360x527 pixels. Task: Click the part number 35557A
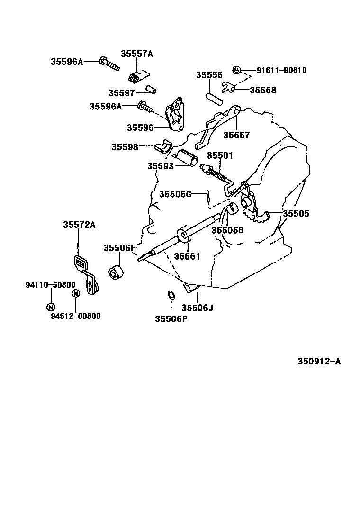136,54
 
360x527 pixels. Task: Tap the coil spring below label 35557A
135,76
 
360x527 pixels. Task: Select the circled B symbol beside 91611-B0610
236,70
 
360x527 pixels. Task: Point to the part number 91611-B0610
281,71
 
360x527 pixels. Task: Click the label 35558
263,90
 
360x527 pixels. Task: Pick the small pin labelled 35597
151,89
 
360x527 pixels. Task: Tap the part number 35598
125,147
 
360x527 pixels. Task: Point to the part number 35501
220,156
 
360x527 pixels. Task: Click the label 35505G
175,194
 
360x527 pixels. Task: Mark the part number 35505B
227,230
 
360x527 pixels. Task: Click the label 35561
187,256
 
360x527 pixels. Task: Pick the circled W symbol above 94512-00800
75,294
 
